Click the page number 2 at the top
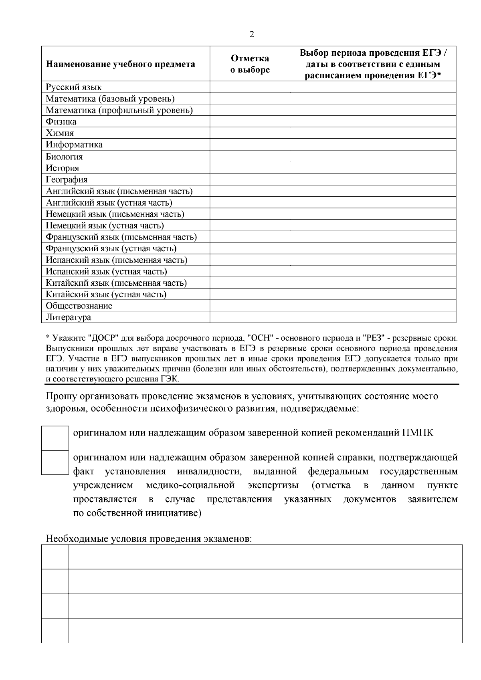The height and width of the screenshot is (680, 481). coord(252,34)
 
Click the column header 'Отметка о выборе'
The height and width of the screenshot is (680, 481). coord(250,64)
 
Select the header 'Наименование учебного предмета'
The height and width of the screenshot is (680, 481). coord(121,64)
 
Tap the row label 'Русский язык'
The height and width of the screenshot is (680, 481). coord(74,87)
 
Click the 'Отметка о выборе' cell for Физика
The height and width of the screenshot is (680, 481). coord(250,121)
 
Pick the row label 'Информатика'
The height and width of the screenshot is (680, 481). coord(74,145)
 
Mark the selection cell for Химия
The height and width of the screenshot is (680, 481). coord(250,133)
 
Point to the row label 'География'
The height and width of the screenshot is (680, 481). coord(67,180)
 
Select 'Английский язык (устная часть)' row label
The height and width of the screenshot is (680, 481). coord(109,203)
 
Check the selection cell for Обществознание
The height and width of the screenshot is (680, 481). coord(250,306)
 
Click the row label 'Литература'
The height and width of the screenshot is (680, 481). coord(69,317)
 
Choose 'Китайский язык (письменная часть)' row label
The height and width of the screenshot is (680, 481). coord(116,283)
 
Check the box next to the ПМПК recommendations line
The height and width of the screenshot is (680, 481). coord(55,438)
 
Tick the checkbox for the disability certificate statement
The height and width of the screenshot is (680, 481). coord(55,463)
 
